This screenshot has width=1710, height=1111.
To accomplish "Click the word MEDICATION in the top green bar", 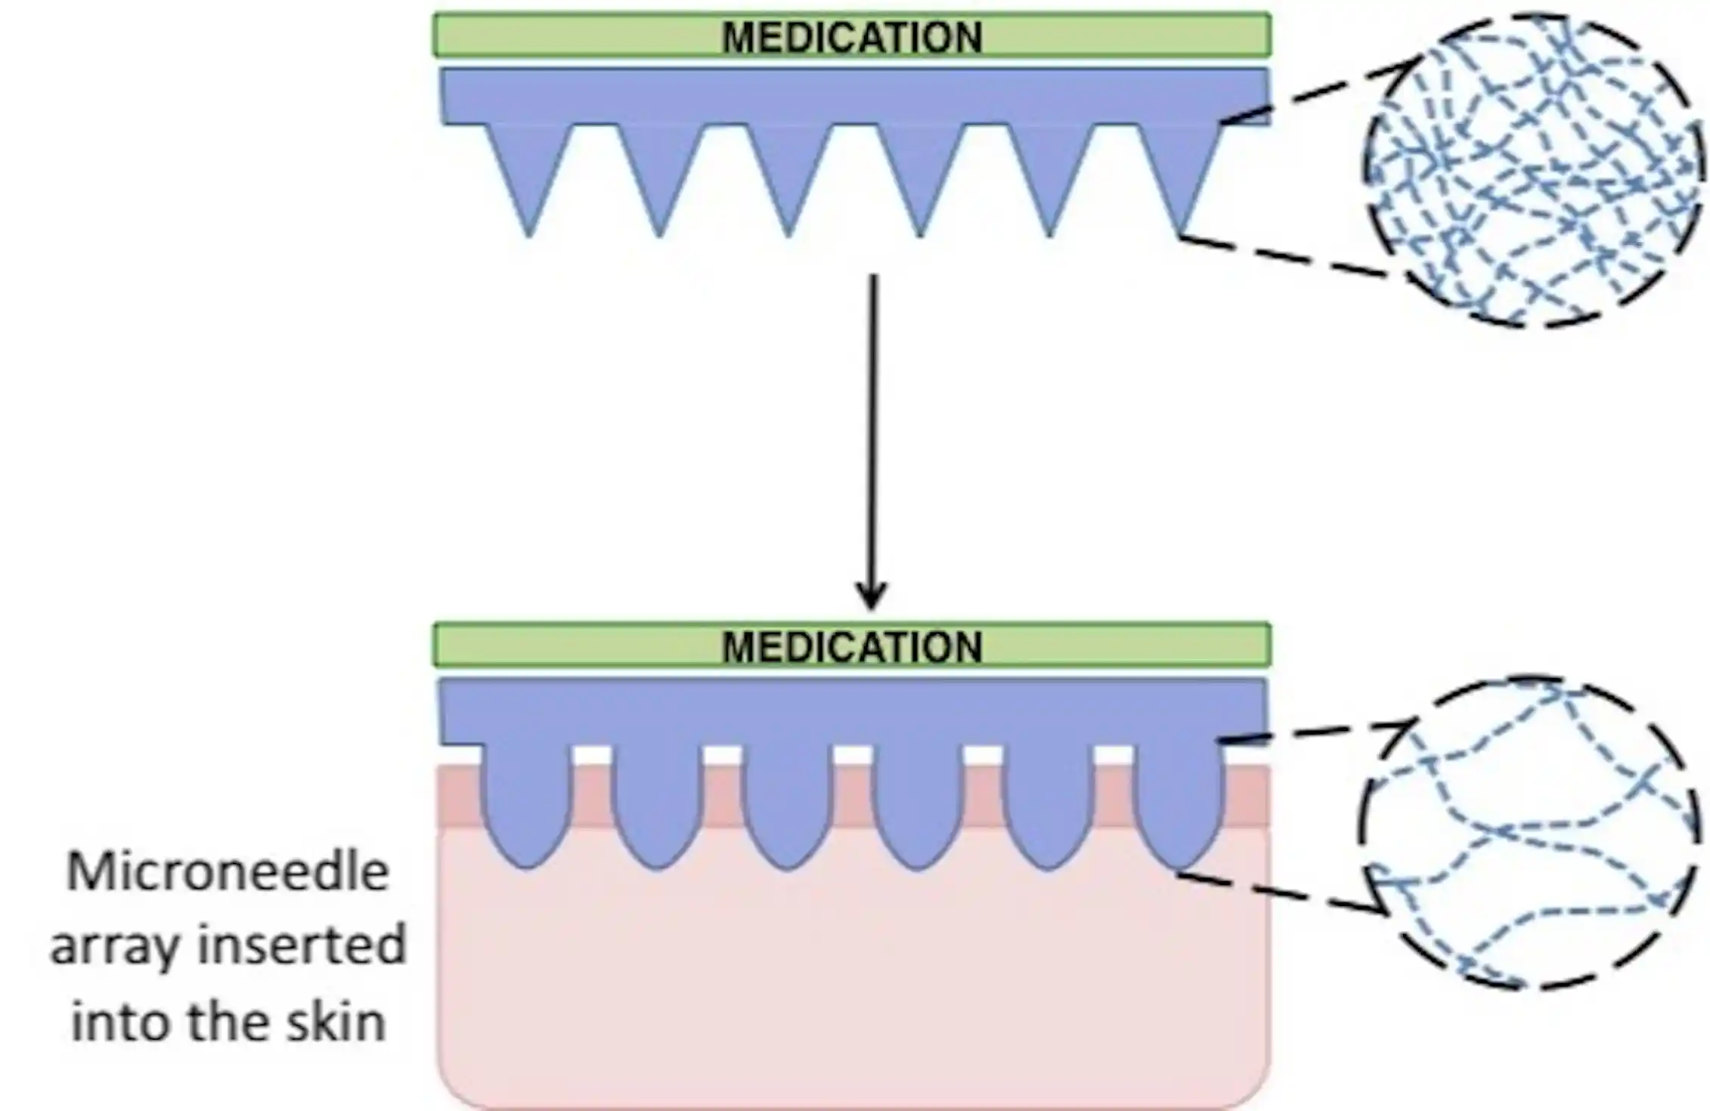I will (852, 36).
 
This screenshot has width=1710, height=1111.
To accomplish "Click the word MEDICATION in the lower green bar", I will (852, 646).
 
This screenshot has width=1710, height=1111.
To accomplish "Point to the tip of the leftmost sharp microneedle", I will (528, 234).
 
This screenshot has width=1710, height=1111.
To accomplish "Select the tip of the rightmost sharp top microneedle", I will (1179, 234).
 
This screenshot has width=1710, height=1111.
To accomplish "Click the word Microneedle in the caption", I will (228, 871).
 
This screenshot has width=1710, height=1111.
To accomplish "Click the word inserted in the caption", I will (302, 945).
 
